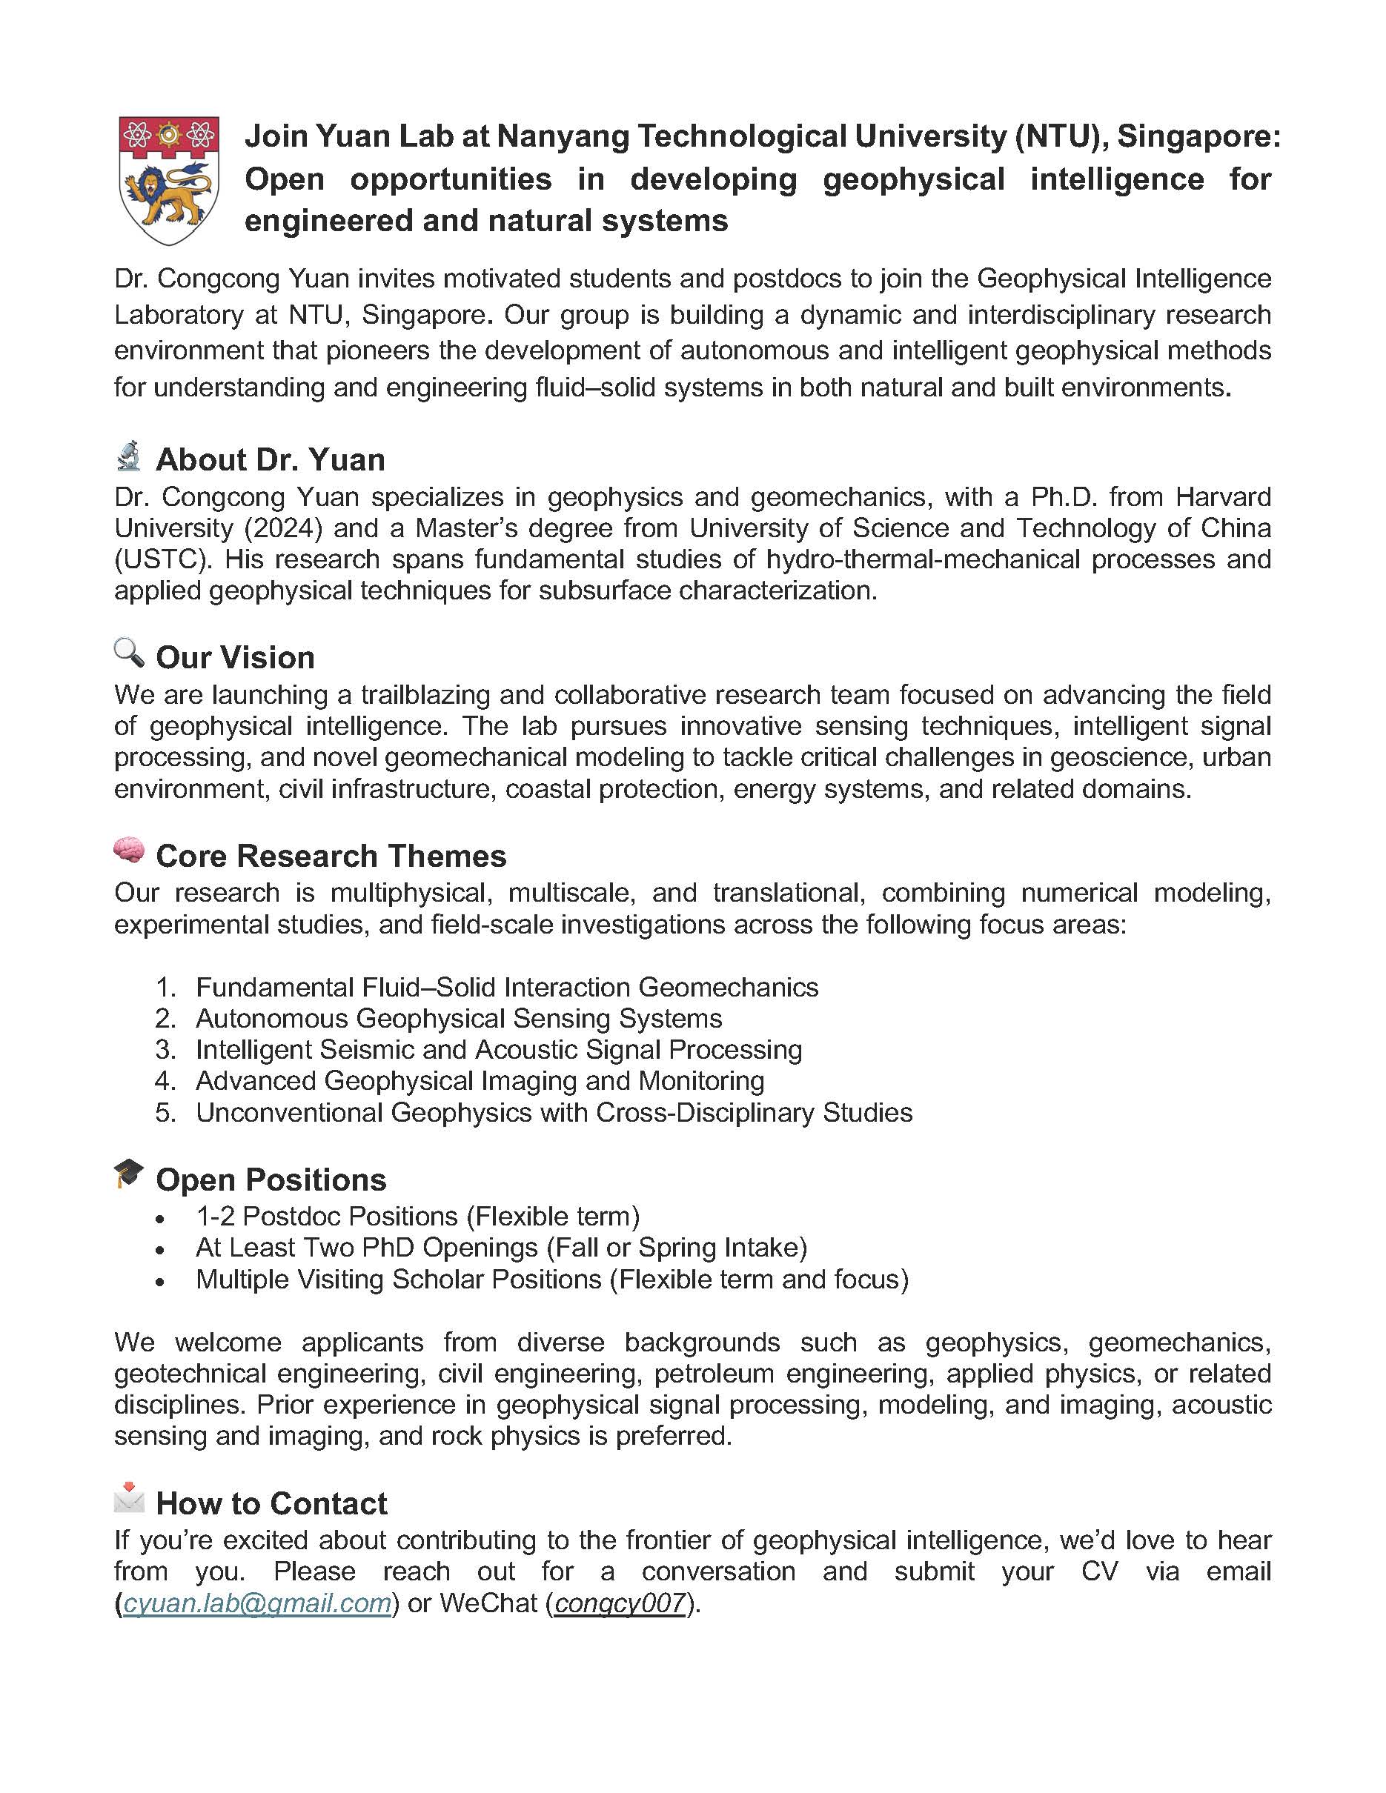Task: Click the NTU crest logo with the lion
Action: [169, 180]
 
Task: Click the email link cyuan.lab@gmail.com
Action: [257, 1603]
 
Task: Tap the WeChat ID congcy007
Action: [620, 1603]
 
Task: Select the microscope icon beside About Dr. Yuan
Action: [129, 456]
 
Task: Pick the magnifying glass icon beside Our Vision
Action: [129, 654]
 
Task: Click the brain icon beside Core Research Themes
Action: [129, 851]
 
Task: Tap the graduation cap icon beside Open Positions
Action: [129, 1174]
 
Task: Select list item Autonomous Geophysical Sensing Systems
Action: [458, 1019]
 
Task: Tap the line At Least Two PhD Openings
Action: [501, 1248]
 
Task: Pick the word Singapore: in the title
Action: [1198, 136]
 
